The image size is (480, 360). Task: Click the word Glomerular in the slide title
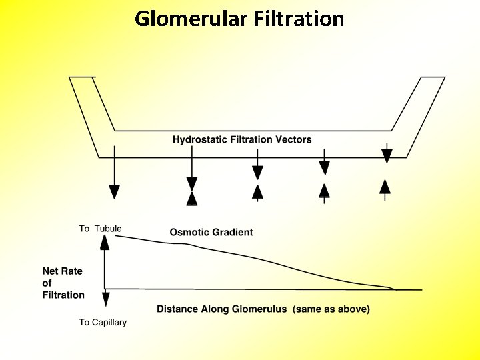(x=191, y=18)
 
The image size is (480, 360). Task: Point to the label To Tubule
(x=100, y=229)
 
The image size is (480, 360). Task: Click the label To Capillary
(x=103, y=323)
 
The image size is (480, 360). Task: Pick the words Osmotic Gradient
(x=211, y=232)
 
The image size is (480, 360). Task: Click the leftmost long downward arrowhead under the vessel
(x=114, y=191)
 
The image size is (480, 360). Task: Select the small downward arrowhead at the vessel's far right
(x=387, y=156)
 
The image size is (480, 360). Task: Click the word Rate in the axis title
(x=73, y=271)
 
